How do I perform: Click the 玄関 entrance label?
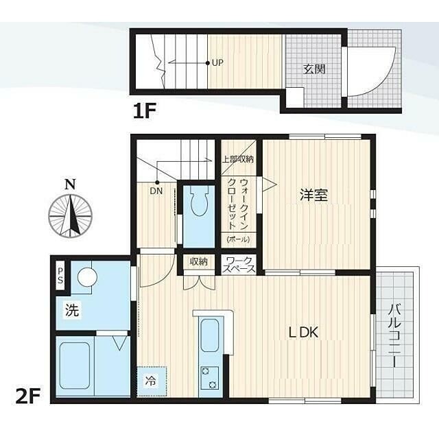(x=314, y=69)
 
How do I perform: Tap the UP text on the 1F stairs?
(x=217, y=62)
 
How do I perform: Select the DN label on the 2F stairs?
(x=156, y=191)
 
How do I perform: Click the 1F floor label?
(x=144, y=110)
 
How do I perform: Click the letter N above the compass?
(x=70, y=185)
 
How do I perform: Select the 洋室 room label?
(x=314, y=195)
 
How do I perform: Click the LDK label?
(x=304, y=333)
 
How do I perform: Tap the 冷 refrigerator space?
(x=152, y=381)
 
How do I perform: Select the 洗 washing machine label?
(x=72, y=310)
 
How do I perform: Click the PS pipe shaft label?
(x=60, y=274)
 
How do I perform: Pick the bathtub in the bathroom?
(x=75, y=366)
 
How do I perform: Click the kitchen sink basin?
(x=210, y=335)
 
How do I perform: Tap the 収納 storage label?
(x=198, y=261)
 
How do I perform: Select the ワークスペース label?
(x=239, y=265)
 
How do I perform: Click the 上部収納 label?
(x=238, y=159)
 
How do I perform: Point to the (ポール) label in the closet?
(x=238, y=239)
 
